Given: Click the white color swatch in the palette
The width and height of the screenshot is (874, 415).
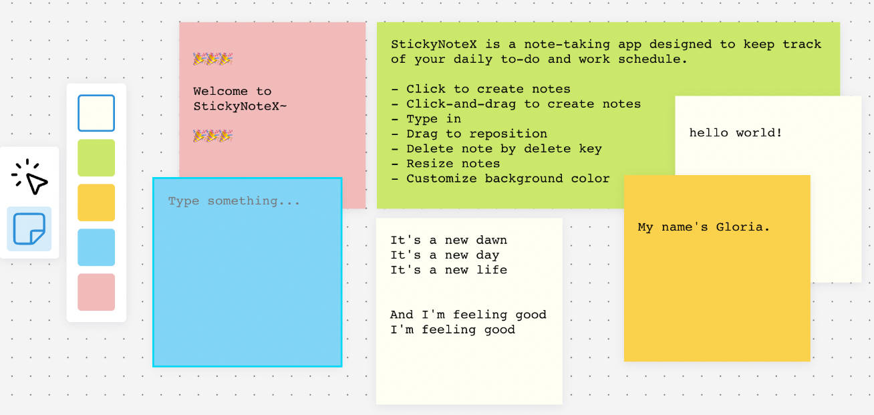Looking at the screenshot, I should point(96,113).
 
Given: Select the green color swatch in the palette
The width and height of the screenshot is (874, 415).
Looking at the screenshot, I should point(96,158).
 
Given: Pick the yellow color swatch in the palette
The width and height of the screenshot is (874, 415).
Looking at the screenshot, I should point(96,202).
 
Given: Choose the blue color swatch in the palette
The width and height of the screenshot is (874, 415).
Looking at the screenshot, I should point(96,247).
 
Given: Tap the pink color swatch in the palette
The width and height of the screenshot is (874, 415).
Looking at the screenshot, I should point(96,292).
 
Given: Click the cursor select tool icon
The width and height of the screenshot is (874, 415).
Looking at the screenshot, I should point(30,177).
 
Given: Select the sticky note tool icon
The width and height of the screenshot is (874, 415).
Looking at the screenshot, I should point(29,229).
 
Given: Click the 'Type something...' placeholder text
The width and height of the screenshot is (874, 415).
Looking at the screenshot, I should point(234,201).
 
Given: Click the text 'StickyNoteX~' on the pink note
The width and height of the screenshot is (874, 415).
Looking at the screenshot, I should point(240,106).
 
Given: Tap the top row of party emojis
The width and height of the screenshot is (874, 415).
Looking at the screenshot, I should point(212,59).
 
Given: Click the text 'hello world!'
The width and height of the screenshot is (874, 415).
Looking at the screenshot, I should point(735,133).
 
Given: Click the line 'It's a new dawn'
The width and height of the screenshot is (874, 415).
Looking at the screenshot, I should point(448,241).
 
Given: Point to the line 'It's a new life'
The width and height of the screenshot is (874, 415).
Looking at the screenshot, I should point(448,270).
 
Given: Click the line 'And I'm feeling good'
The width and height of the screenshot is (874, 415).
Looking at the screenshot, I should point(468,315).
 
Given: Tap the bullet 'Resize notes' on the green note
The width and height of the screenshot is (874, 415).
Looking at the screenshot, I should point(453,164).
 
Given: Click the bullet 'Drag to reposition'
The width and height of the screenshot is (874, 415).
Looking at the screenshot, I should point(476,134).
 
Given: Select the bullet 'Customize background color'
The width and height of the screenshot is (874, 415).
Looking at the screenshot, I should point(508,178).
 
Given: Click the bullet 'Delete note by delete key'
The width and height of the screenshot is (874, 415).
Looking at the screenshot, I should point(504,148).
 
